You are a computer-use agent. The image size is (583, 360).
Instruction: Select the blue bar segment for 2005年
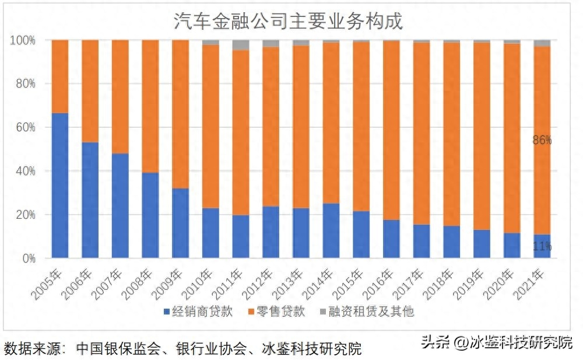60,186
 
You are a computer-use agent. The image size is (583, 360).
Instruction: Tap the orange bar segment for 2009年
180,114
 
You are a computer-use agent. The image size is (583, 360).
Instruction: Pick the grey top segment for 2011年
241,45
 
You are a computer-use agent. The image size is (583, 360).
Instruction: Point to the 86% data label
542,140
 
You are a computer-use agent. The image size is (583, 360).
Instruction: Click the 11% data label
542,247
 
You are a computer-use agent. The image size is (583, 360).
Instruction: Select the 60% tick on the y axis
23,127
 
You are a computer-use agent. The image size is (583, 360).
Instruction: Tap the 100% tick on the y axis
23,40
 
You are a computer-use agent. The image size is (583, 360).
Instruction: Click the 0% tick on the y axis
27,258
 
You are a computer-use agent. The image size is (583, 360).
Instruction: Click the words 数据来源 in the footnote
28,349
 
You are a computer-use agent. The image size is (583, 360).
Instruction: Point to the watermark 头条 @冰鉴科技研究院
497,342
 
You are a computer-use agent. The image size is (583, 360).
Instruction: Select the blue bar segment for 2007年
120,205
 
